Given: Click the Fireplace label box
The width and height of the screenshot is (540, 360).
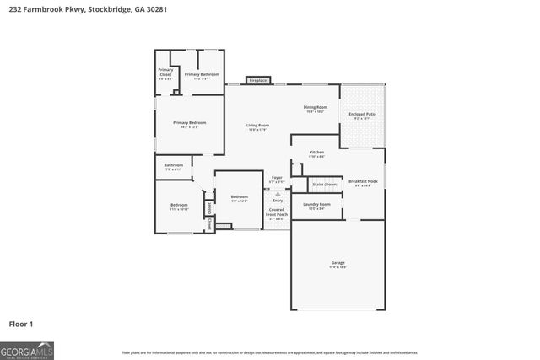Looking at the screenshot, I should coord(257,81).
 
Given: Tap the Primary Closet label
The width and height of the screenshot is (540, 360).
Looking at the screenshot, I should coord(165,74).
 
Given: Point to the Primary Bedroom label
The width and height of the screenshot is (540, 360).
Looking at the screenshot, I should coord(189,124).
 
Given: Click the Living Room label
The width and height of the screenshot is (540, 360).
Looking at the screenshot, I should coord(257,127).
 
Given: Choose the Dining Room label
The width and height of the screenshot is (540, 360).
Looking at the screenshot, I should coord(316,109).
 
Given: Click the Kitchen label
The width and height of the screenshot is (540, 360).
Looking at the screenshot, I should coord(316,153).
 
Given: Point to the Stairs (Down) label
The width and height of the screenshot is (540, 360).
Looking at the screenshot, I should coord(325,184).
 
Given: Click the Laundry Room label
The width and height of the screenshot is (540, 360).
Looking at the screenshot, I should coord(317,206).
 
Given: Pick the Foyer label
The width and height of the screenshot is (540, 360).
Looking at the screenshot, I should coord(277,180).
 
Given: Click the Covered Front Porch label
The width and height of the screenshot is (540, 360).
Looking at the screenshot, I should coord(277,214).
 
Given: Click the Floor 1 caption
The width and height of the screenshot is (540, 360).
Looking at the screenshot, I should coord(22,323).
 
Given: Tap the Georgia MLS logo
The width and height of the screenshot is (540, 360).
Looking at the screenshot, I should coord(27,349).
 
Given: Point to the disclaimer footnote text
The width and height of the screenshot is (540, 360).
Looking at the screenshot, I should coord(270,352).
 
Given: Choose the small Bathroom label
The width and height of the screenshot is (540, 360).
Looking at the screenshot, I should coord(174,166).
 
